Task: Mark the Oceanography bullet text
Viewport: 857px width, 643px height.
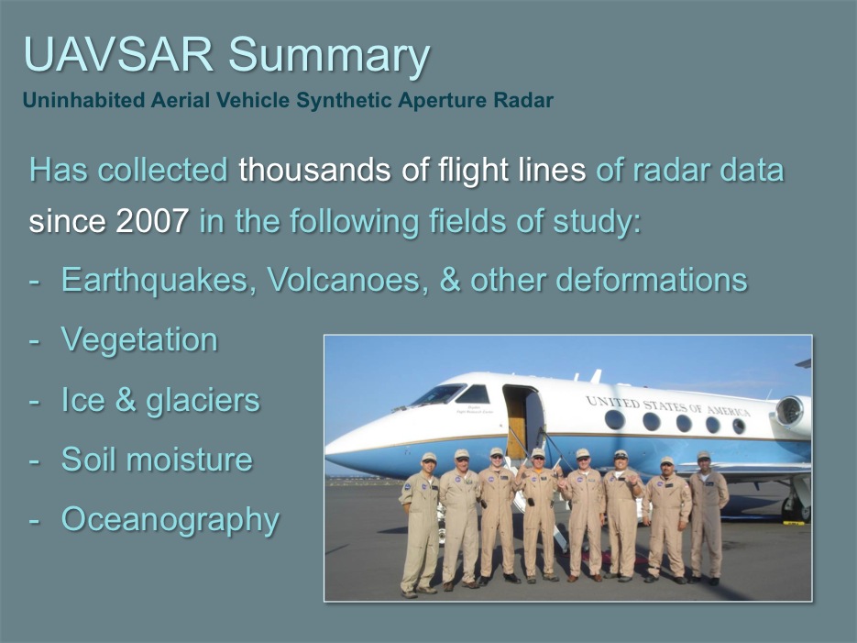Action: point(170,519)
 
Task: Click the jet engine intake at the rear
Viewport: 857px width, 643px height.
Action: point(789,411)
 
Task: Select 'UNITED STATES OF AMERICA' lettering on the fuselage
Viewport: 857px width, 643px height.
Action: point(667,406)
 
